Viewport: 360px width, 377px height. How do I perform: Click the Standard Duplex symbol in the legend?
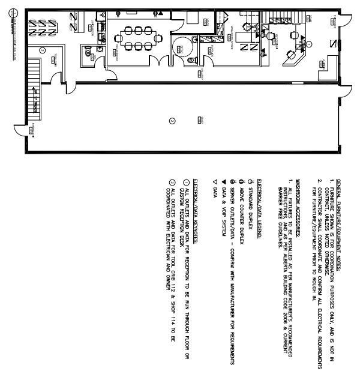coord(248,181)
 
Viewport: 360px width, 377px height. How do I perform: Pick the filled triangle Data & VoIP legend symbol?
coord(222,181)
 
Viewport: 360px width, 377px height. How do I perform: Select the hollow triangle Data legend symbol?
coord(214,181)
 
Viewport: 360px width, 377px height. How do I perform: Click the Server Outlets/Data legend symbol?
coord(231,181)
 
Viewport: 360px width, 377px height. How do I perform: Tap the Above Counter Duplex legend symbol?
coord(240,181)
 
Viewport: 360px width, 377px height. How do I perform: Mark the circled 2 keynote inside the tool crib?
coord(43,50)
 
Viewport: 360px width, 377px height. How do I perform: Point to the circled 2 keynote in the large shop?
coord(172,121)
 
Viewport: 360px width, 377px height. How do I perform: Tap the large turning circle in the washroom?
coord(181,46)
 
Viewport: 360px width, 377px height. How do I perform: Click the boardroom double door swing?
coord(155,62)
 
